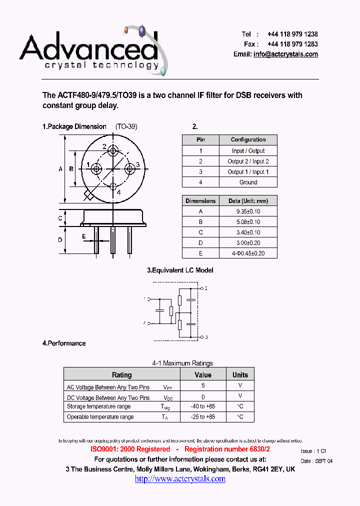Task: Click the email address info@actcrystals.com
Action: [x=285, y=54]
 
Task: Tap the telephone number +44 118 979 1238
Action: [x=292, y=34]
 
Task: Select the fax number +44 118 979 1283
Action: [x=292, y=44]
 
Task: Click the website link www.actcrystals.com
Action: [x=180, y=478]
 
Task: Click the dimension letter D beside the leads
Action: [x=60, y=240]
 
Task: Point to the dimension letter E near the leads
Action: [x=84, y=236]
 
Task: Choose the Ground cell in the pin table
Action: [x=248, y=182]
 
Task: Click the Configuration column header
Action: [x=248, y=139]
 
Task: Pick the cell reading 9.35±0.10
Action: [x=248, y=211]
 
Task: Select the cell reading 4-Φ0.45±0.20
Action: [x=248, y=253]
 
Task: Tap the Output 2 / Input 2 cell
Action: [x=248, y=161]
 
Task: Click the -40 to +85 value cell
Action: [x=203, y=406]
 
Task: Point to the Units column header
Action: [x=240, y=374]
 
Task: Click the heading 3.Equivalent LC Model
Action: [x=180, y=270]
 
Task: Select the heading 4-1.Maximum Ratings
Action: [x=182, y=363]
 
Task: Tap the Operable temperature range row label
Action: [x=100, y=417]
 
